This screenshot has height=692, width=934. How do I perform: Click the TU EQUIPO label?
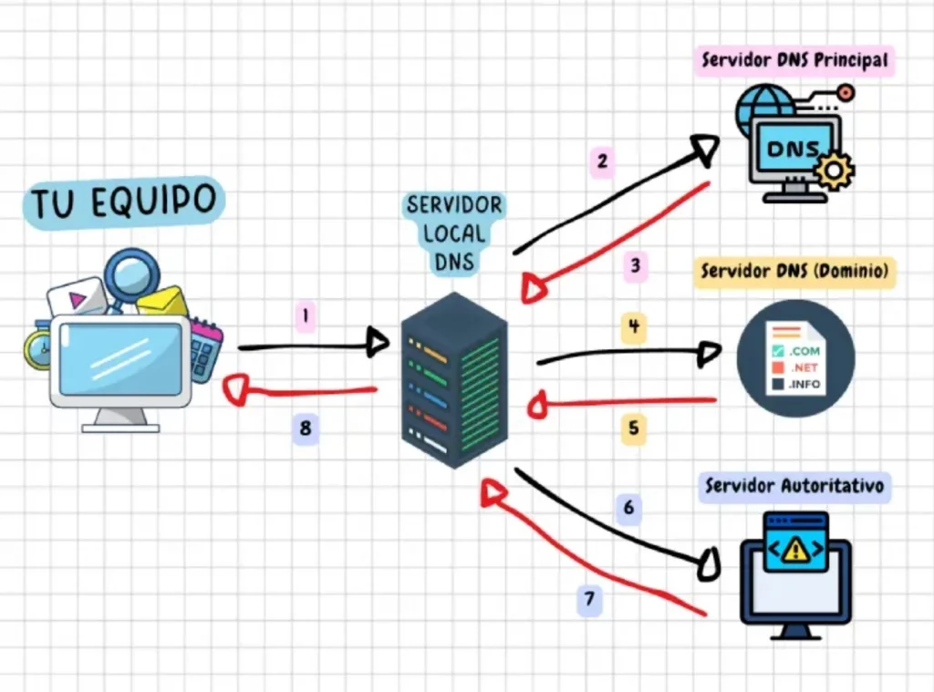[x=124, y=201]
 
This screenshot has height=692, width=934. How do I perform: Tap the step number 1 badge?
[x=306, y=317]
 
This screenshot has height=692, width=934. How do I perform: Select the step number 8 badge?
[x=306, y=427]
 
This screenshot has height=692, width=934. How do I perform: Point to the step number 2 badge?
[x=602, y=162]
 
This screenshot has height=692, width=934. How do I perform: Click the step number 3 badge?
[x=636, y=267]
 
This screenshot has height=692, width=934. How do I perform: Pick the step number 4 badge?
[x=634, y=326]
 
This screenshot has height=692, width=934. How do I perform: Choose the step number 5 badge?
[x=634, y=428]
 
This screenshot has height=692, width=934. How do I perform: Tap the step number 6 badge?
[x=628, y=507]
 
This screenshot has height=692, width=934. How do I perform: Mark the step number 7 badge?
[x=590, y=599]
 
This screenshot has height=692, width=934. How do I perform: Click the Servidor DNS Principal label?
[x=794, y=61]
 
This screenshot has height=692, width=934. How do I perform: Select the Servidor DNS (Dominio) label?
[x=794, y=271]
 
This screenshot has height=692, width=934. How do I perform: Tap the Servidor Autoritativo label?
[x=794, y=487]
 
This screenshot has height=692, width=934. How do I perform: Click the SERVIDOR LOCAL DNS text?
[x=454, y=232]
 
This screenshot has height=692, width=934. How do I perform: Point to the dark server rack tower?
[x=453, y=378]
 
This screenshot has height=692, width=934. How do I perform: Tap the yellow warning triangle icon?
[x=796, y=548]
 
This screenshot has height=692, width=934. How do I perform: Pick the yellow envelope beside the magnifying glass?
[x=163, y=302]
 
